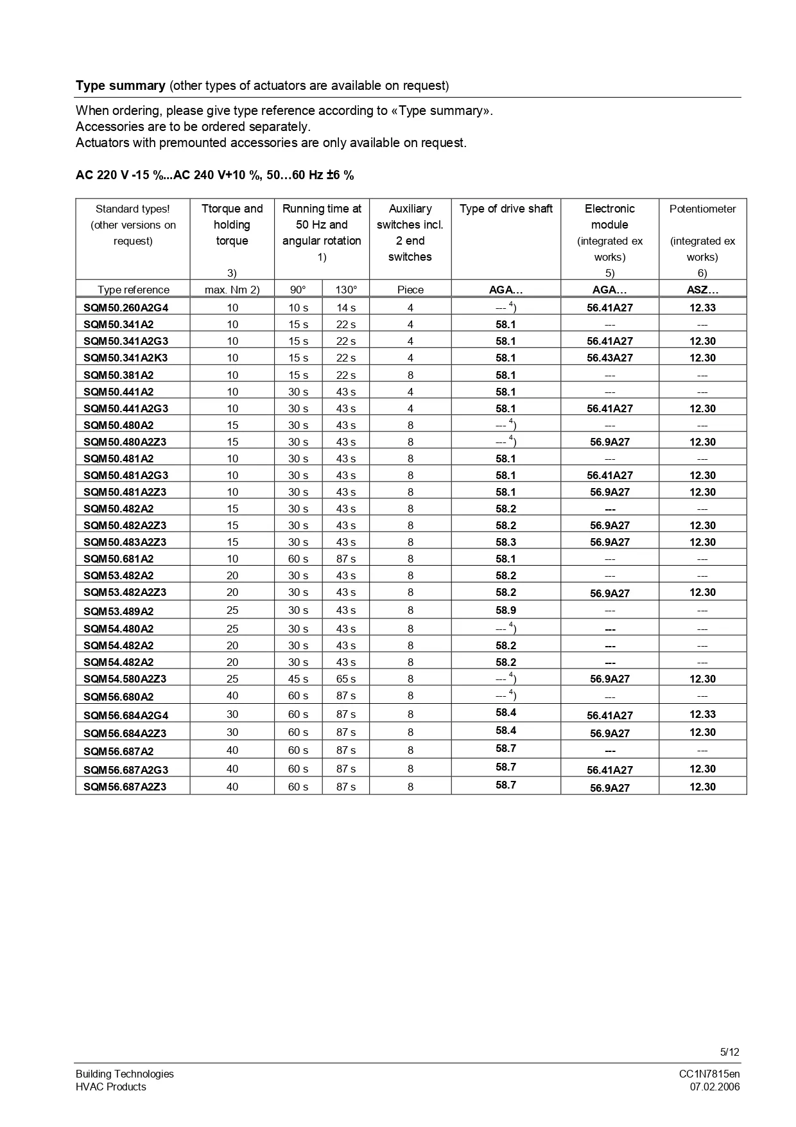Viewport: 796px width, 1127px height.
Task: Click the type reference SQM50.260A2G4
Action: pyautogui.click(x=126, y=308)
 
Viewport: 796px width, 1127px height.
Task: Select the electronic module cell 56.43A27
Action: pyautogui.click(x=609, y=358)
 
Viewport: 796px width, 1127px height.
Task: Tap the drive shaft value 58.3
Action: pyautogui.click(x=506, y=542)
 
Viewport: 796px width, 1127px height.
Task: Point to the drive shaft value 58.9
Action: pyautogui.click(x=506, y=610)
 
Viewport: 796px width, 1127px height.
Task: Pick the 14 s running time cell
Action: pyautogui.click(x=346, y=308)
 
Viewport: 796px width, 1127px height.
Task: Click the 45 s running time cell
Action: pyautogui.click(x=298, y=679)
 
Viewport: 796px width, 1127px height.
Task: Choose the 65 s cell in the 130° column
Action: pyautogui.click(x=346, y=679)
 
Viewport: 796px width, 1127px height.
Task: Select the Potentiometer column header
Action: pyautogui.click(x=702, y=209)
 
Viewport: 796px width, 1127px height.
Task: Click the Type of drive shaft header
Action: pyautogui.click(x=506, y=209)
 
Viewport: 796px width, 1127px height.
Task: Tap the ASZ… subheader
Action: pyautogui.click(x=702, y=290)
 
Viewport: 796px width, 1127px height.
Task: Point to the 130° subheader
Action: pyautogui.click(x=346, y=290)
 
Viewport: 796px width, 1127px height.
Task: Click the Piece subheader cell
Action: pyautogui.click(x=410, y=290)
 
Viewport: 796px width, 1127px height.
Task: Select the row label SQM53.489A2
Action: pyautogui.click(x=119, y=611)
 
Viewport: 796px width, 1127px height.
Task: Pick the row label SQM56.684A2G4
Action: pyautogui.click(x=126, y=715)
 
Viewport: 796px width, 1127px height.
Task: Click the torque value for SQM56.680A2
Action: pyautogui.click(x=232, y=696)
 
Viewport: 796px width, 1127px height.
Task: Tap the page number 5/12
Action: pyautogui.click(x=729, y=1052)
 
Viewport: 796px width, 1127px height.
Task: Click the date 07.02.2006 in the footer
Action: pyautogui.click(x=714, y=1087)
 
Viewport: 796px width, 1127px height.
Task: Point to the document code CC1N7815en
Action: pyautogui.click(x=709, y=1074)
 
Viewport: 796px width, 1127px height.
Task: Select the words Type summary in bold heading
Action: pyautogui.click(x=121, y=85)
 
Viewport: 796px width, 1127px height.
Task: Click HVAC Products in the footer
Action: pyautogui.click(x=110, y=1087)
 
